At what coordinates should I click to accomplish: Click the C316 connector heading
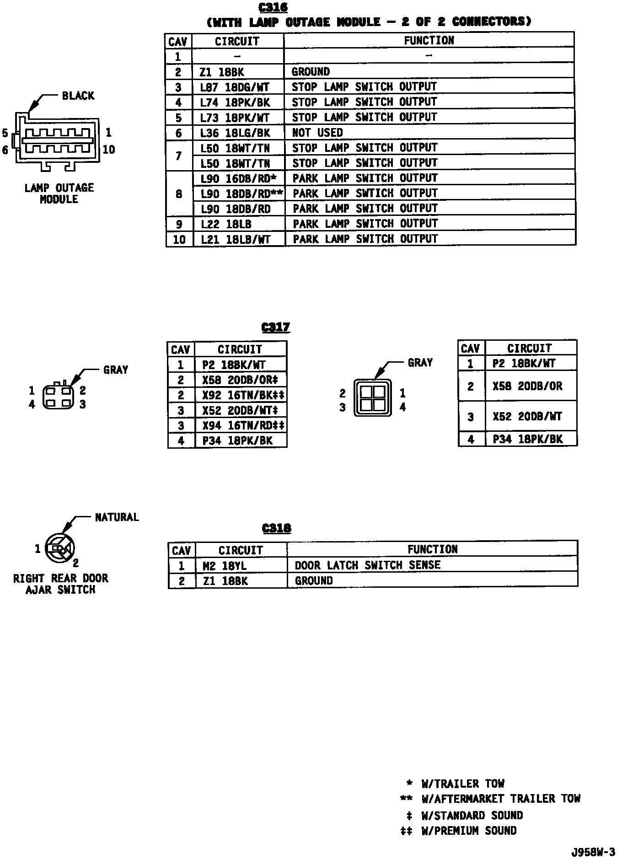273,8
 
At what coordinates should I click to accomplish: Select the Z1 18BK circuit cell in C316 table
222,72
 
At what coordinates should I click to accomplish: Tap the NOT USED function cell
317,133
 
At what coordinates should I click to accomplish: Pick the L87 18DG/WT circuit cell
235,87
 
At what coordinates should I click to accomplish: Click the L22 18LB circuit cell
226,224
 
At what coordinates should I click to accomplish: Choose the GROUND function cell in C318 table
314,581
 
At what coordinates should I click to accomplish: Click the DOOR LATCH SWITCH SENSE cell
367,565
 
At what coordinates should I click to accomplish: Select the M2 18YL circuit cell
225,566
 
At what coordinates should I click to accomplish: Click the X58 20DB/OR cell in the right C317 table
527,386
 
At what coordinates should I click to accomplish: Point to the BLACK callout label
78,96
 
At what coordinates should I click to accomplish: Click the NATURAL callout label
117,517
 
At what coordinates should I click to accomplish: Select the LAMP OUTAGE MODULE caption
59,193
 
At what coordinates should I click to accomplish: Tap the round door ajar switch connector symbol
61,548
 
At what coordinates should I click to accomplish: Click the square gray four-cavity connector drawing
372,398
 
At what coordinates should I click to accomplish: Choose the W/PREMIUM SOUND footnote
469,831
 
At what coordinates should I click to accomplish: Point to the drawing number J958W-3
592,852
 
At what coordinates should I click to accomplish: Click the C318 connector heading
277,528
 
